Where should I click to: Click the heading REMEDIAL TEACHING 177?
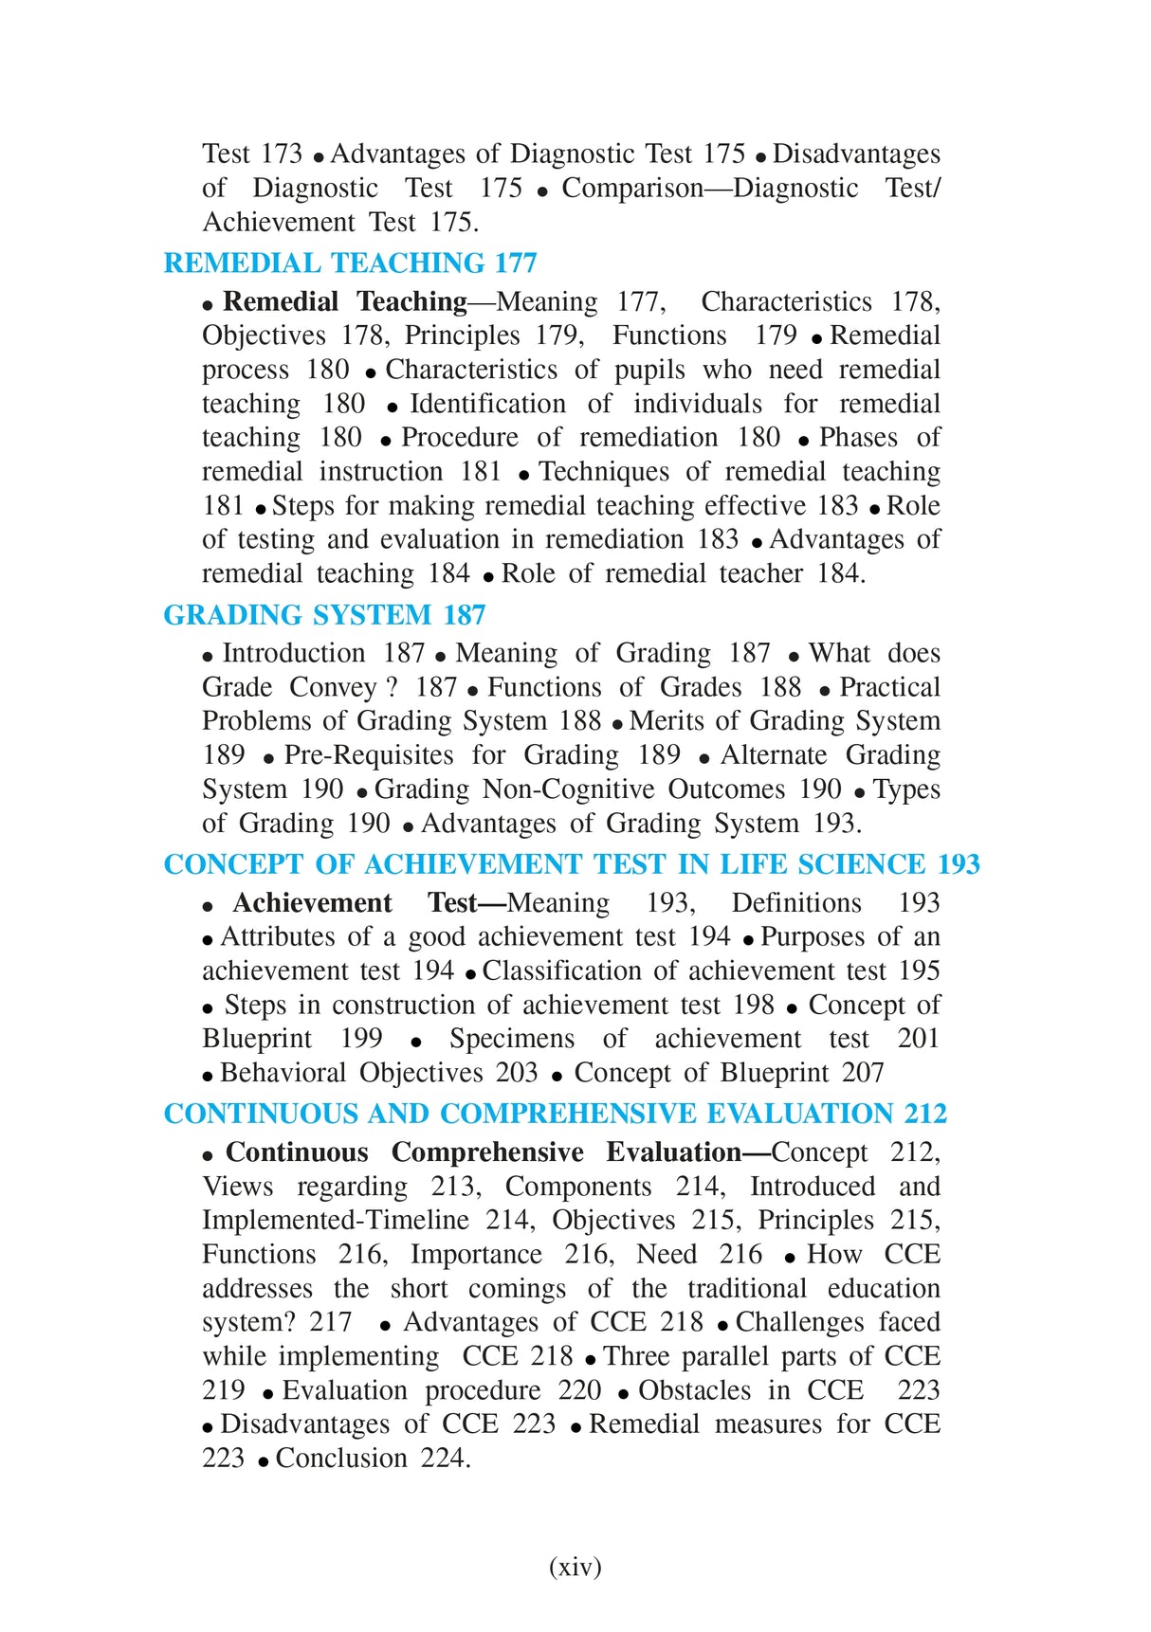click(350, 263)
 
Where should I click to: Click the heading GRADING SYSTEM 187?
click(324, 615)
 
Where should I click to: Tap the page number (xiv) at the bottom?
click(575, 1566)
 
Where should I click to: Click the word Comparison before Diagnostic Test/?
click(632, 188)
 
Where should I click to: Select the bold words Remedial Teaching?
click(345, 301)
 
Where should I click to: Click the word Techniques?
click(603, 472)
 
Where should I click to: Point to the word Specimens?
click(512, 1039)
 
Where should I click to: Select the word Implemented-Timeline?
click(336, 1221)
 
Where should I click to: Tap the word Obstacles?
click(695, 1390)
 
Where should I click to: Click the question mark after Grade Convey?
click(392, 687)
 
